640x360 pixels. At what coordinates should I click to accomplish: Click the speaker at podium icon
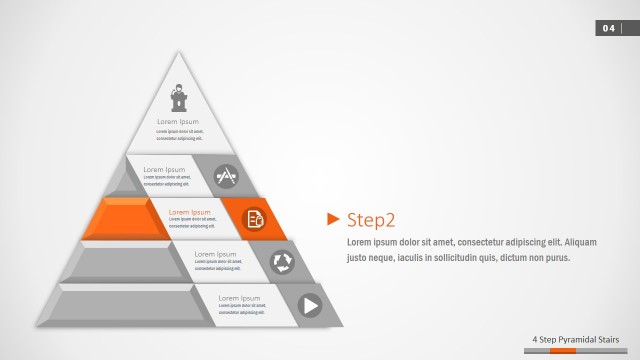pyautogui.click(x=179, y=98)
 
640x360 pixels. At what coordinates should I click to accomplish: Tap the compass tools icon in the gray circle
pyautogui.click(x=227, y=176)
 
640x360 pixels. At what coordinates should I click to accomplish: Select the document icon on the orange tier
pyautogui.click(x=255, y=218)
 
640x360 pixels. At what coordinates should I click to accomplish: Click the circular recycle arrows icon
pyautogui.click(x=283, y=261)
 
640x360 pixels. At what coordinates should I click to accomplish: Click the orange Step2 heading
pyautogui.click(x=371, y=220)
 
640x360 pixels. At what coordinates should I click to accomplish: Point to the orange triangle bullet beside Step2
pyautogui.click(x=334, y=219)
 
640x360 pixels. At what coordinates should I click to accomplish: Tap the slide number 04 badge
pyautogui.click(x=609, y=28)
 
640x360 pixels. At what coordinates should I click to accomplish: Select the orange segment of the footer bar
pyautogui.click(x=563, y=351)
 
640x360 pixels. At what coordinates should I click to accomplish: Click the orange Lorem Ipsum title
pyautogui.click(x=189, y=212)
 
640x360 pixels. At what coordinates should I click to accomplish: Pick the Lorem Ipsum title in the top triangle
pyautogui.click(x=178, y=122)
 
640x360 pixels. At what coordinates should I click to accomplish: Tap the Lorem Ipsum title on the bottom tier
pyautogui.click(x=239, y=298)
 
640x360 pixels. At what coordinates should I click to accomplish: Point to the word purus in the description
pyautogui.click(x=556, y=257)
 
